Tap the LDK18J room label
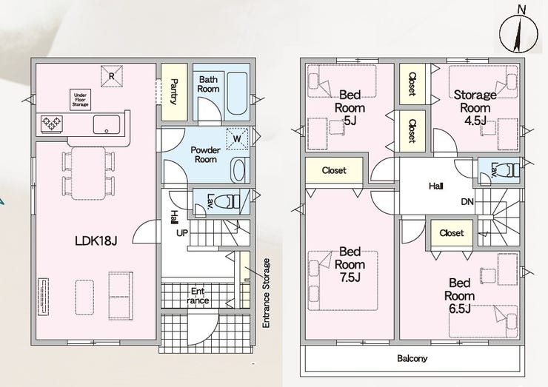96,240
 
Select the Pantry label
174,92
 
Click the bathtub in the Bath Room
238,94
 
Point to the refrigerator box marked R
112,75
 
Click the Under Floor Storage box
81,100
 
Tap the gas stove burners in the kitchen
52,124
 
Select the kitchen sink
106,124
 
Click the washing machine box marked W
237,138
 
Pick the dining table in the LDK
88,173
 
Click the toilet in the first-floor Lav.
227,202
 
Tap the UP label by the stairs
181,233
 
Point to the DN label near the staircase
467,201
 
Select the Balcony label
412,358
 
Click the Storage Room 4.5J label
475,107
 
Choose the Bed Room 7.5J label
350,264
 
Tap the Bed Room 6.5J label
459,295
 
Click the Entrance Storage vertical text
267,293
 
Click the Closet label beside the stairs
452,232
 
